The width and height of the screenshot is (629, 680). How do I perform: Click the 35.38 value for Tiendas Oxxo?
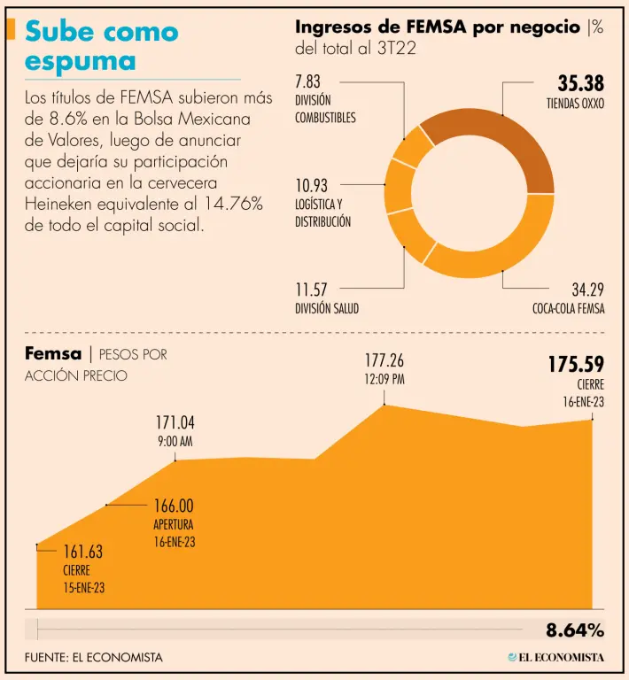tap(580, 84)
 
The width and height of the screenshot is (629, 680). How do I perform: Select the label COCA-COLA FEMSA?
tap(568, 309)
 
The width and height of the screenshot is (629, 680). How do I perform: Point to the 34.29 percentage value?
tap(587, 290)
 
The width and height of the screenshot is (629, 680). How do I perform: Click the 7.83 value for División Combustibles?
tap(312, 81)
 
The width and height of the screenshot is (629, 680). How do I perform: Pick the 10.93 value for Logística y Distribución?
tap(312, 185)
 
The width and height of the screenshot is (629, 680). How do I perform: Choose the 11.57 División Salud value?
tap(312, 290)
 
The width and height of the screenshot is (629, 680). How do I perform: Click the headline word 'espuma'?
tap(81, 62)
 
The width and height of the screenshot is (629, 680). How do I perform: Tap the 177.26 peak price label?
tap(384, 360)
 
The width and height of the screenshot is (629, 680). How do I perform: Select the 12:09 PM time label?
tap(384, 379)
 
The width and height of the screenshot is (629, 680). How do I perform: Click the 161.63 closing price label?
tap(82, 552)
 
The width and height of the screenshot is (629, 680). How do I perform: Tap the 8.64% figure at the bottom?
tap(574, 630)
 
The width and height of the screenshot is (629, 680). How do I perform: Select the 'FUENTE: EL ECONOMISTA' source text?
tap(94, 657)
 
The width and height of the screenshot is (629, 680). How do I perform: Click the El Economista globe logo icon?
tap(511, 657)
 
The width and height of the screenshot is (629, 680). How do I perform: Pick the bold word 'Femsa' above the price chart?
tap(53, 354)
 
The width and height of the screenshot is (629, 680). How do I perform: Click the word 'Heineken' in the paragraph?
tap(58, 205)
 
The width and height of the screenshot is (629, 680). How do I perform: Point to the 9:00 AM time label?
tap(175, 440)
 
